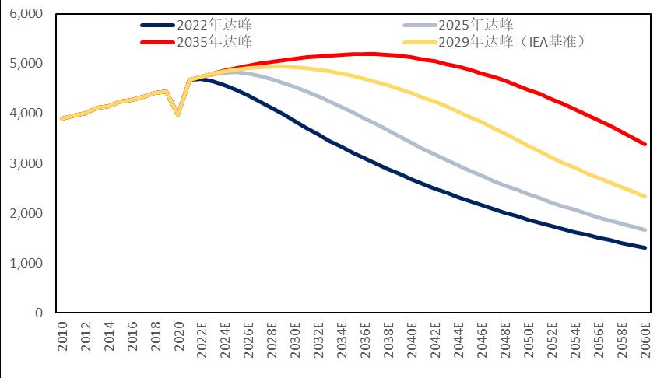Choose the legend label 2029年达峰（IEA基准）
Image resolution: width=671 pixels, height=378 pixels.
510,40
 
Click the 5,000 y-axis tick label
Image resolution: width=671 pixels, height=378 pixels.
26,64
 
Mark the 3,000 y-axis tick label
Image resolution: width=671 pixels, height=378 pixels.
26,164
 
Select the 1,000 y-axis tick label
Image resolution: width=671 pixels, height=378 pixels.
26,264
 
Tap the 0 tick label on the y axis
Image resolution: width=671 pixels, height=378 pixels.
37,313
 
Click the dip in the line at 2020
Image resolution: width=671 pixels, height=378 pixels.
178,114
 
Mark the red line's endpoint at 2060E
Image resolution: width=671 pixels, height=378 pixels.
645,144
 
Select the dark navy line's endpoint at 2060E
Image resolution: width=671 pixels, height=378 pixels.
645,248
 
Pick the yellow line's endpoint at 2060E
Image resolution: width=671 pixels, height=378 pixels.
645,196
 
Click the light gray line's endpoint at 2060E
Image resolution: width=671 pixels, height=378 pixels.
645,229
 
